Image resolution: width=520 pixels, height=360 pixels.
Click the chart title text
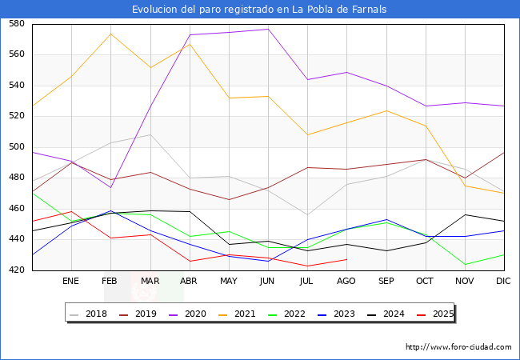[260, 10]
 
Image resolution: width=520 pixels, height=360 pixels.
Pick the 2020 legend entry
[199, 314]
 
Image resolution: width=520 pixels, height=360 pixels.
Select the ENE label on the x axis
[71, 281]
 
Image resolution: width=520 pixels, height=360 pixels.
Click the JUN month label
[268, 281]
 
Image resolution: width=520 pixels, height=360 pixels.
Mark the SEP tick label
[386, 281]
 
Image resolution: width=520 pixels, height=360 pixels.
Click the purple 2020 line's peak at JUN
[268, 29]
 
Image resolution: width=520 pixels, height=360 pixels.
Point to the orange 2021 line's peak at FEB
[110, 34]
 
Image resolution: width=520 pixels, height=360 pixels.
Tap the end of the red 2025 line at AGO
[346, 259]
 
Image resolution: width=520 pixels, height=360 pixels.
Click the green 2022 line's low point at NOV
[465, 264]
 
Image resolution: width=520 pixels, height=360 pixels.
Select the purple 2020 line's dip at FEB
[110, 187]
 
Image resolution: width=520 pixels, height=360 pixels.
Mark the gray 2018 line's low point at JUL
[307, 214]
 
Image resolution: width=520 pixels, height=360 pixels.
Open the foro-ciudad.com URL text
[458, 347]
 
